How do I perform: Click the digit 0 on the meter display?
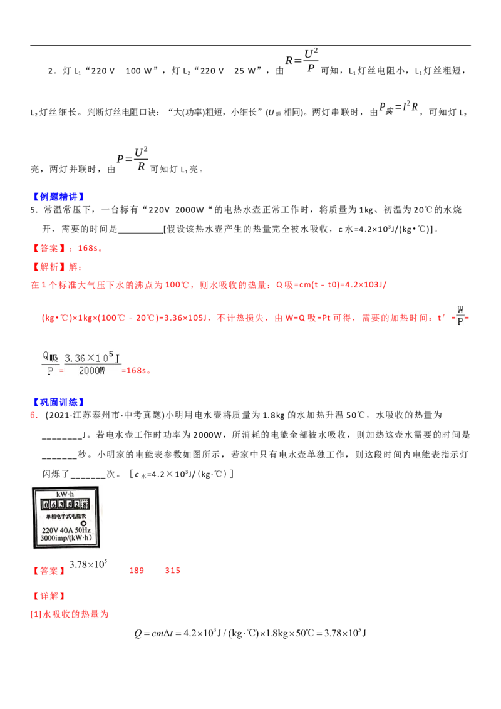click(45, 504)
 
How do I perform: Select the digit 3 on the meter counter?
click(61, 504)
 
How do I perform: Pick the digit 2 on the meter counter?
click(76, 504)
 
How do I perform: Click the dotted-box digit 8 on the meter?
click(85, 504)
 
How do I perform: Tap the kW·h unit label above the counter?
click(66, 494)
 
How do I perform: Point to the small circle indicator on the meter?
click(84, 524)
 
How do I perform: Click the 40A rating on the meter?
click(65, 530)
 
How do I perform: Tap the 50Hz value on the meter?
click(83, 530)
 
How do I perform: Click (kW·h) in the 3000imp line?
click(80, 539)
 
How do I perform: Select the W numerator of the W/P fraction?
click(461, 309)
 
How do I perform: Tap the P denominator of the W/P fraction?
click(461, 322)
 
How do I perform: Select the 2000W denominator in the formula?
click(92, 371)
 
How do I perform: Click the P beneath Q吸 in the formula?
click(48, 371)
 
